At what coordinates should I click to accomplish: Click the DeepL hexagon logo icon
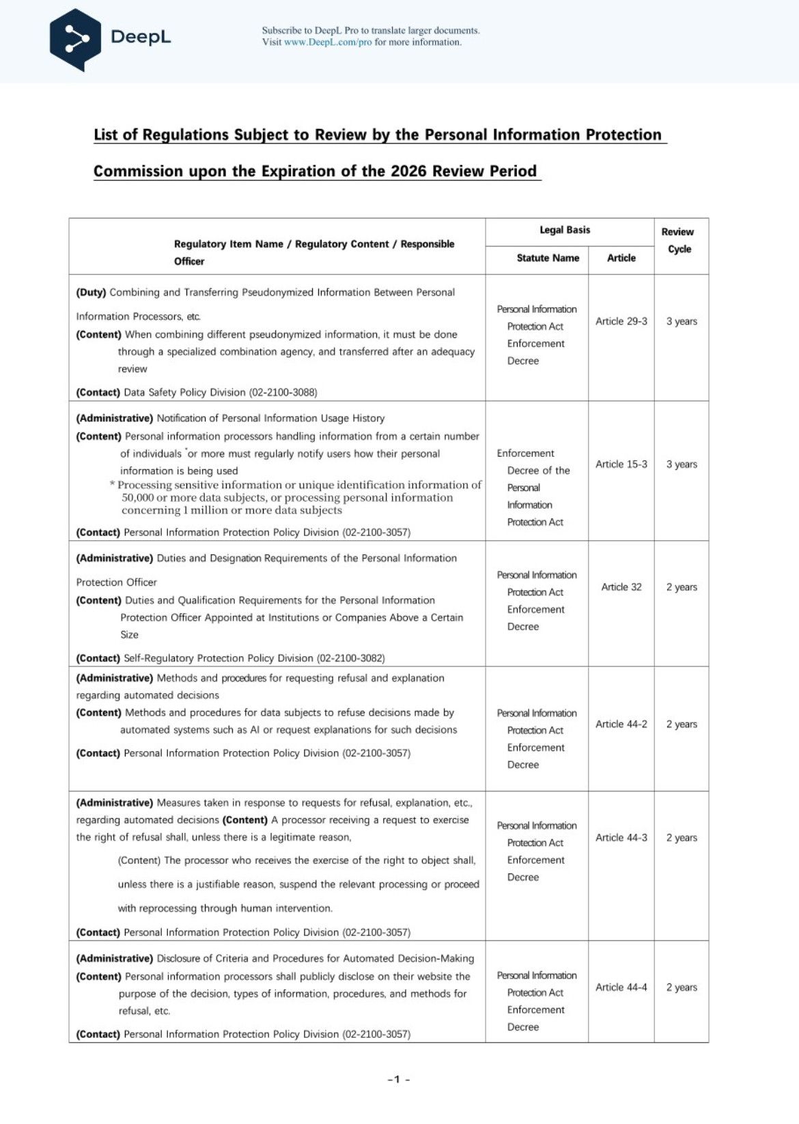75,39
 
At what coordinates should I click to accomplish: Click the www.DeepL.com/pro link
328,42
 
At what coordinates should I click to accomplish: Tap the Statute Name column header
548,258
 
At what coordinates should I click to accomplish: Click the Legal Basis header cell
565,230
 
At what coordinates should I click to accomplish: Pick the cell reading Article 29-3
621,322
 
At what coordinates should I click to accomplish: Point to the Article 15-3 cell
621,464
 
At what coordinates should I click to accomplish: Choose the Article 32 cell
621,587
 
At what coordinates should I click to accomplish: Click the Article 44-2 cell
621,725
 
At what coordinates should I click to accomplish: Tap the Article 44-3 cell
621,838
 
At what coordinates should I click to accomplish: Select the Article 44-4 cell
621,987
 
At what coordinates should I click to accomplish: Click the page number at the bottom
398,1080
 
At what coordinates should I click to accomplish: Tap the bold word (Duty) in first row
91,292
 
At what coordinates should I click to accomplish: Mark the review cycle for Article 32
682,587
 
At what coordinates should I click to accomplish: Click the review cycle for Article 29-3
682,322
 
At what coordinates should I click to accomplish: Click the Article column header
621,258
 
